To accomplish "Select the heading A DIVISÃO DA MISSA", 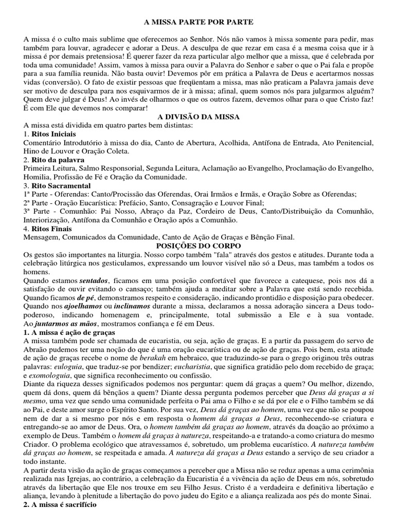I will pos(197,117).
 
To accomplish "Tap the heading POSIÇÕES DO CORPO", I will pos(197,246).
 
